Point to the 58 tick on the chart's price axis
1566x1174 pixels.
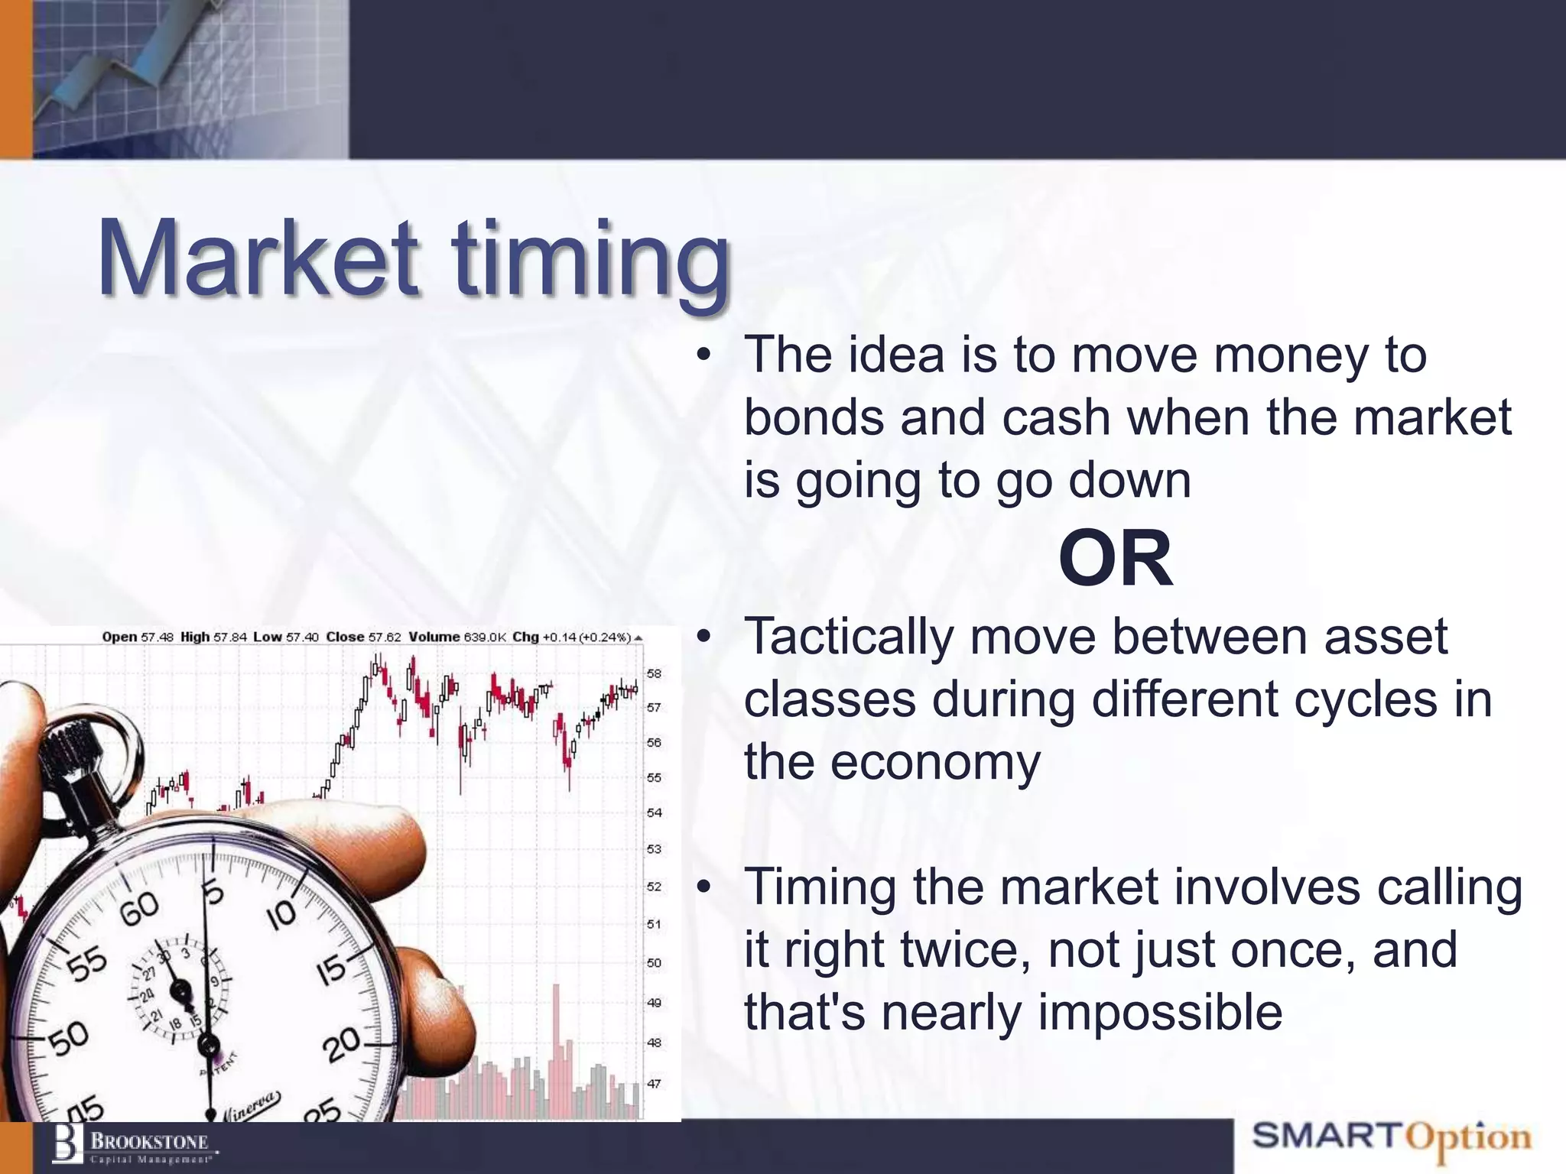click(654, 673)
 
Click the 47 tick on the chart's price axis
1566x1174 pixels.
click(654, 1083)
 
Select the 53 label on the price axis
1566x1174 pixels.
click(654, 848)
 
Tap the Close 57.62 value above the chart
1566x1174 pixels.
click(363, 637)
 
